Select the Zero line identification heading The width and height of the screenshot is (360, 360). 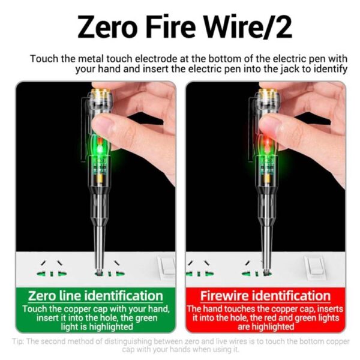(96, 296)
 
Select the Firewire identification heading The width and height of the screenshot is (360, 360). (265, 296)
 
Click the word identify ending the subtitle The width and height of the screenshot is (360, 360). (328, 69)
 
